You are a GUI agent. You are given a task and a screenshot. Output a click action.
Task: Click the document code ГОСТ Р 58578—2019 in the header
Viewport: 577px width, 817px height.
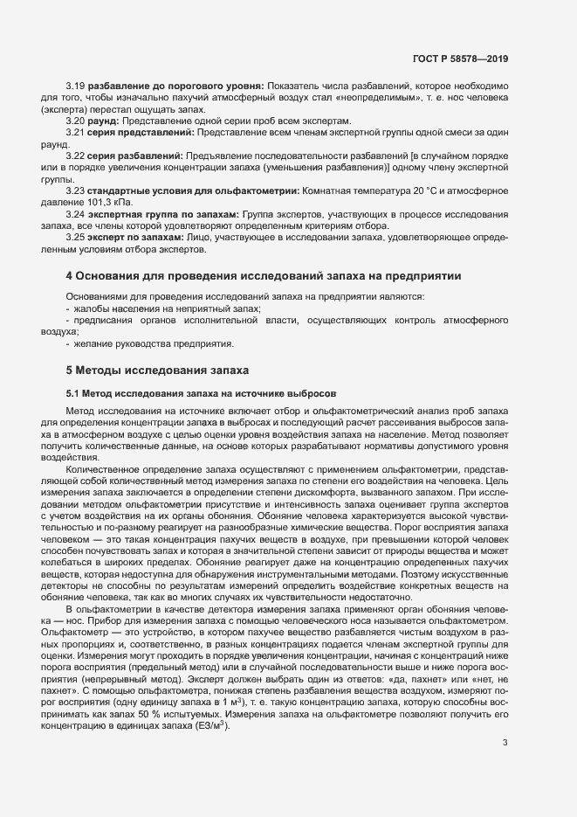460,59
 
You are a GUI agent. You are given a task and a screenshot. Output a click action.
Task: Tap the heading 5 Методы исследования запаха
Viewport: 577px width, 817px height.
158,370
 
